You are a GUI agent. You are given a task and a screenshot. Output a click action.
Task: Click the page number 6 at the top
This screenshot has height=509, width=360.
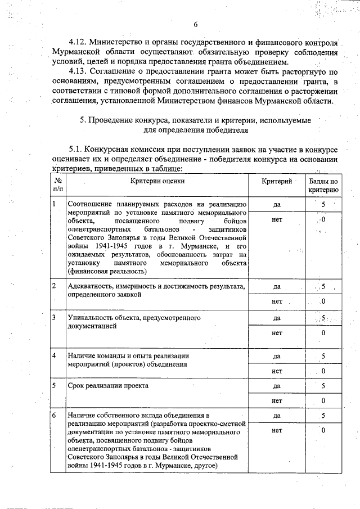(x=196, y=24)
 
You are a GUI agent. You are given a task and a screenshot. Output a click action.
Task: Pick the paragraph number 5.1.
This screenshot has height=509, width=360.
(x=76, y=149)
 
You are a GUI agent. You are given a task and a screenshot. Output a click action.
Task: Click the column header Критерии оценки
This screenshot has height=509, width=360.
(x=157, y=181)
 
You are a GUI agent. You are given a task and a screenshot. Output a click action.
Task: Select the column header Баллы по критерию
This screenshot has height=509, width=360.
(x=323, y=186)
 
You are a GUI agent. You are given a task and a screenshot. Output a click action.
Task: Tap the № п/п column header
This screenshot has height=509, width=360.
(x=58, y=186)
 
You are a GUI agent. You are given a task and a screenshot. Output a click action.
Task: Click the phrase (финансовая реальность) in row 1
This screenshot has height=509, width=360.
(x=107, y=271)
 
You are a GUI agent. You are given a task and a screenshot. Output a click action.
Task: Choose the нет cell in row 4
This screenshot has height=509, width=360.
(x=277, y=371)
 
